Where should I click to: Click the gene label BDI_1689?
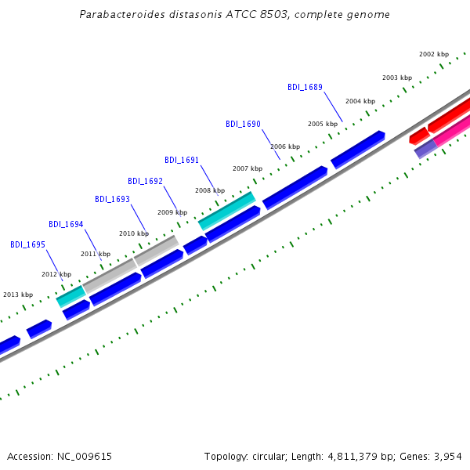pos(305,87)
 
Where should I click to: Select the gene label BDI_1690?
pos(243,124)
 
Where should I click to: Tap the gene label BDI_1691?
pos(182,160)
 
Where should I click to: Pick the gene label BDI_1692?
pos(145,181)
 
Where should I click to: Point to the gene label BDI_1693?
pos(112,199)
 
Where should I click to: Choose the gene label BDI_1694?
pos(66,224)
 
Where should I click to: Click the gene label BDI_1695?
pos(27,244)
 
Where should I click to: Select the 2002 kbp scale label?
pos(434,54)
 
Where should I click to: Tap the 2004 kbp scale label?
pos(360,101)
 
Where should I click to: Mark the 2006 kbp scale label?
pos(285,146)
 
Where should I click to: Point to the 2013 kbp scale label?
pos(18,295)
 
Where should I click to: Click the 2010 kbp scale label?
pos(134,233)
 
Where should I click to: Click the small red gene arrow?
pos(419,136)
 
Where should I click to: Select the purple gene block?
pos(425,149)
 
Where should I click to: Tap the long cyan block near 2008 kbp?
pos(227,211)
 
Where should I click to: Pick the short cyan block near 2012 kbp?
pos(71,296)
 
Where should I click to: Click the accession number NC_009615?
pos(85,457)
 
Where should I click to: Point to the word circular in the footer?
pos(269,457)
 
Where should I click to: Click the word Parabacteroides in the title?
pos(122,14)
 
